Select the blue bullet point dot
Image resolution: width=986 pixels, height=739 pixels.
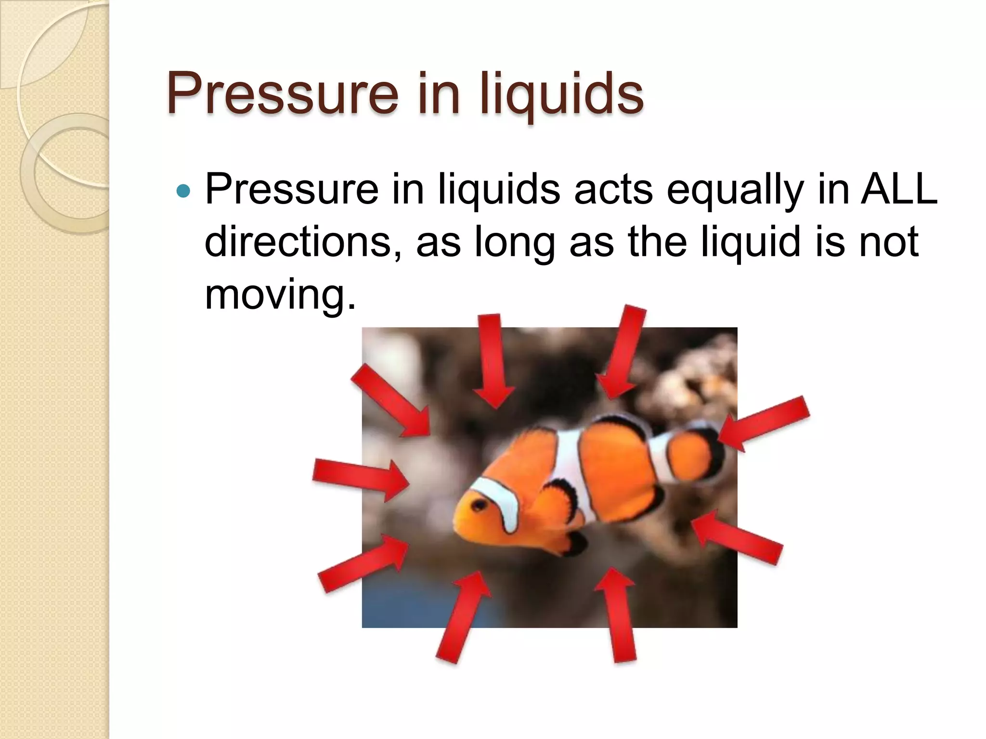183,191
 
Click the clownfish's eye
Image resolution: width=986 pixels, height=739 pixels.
480,504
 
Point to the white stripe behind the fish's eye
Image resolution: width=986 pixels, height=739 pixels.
501,505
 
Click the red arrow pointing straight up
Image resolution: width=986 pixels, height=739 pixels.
617,616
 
